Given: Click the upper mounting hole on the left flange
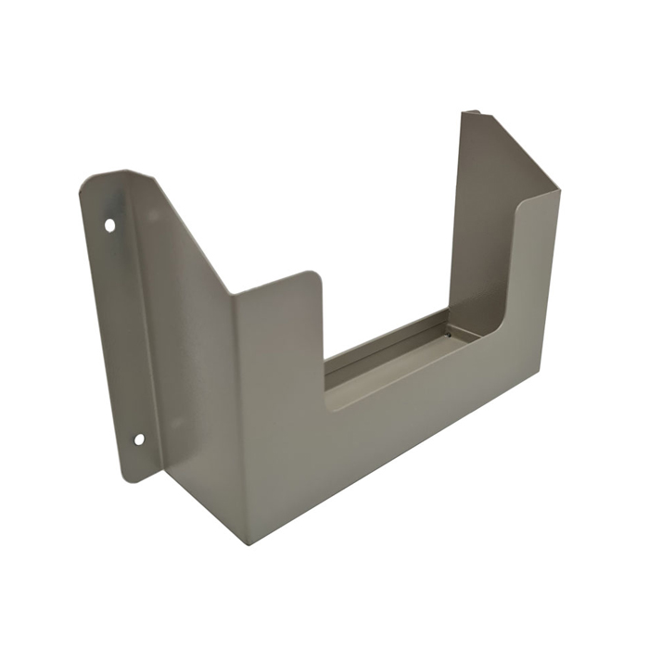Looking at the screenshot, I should tap(109, 224).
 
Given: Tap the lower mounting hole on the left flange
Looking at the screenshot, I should tap(139, 439).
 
